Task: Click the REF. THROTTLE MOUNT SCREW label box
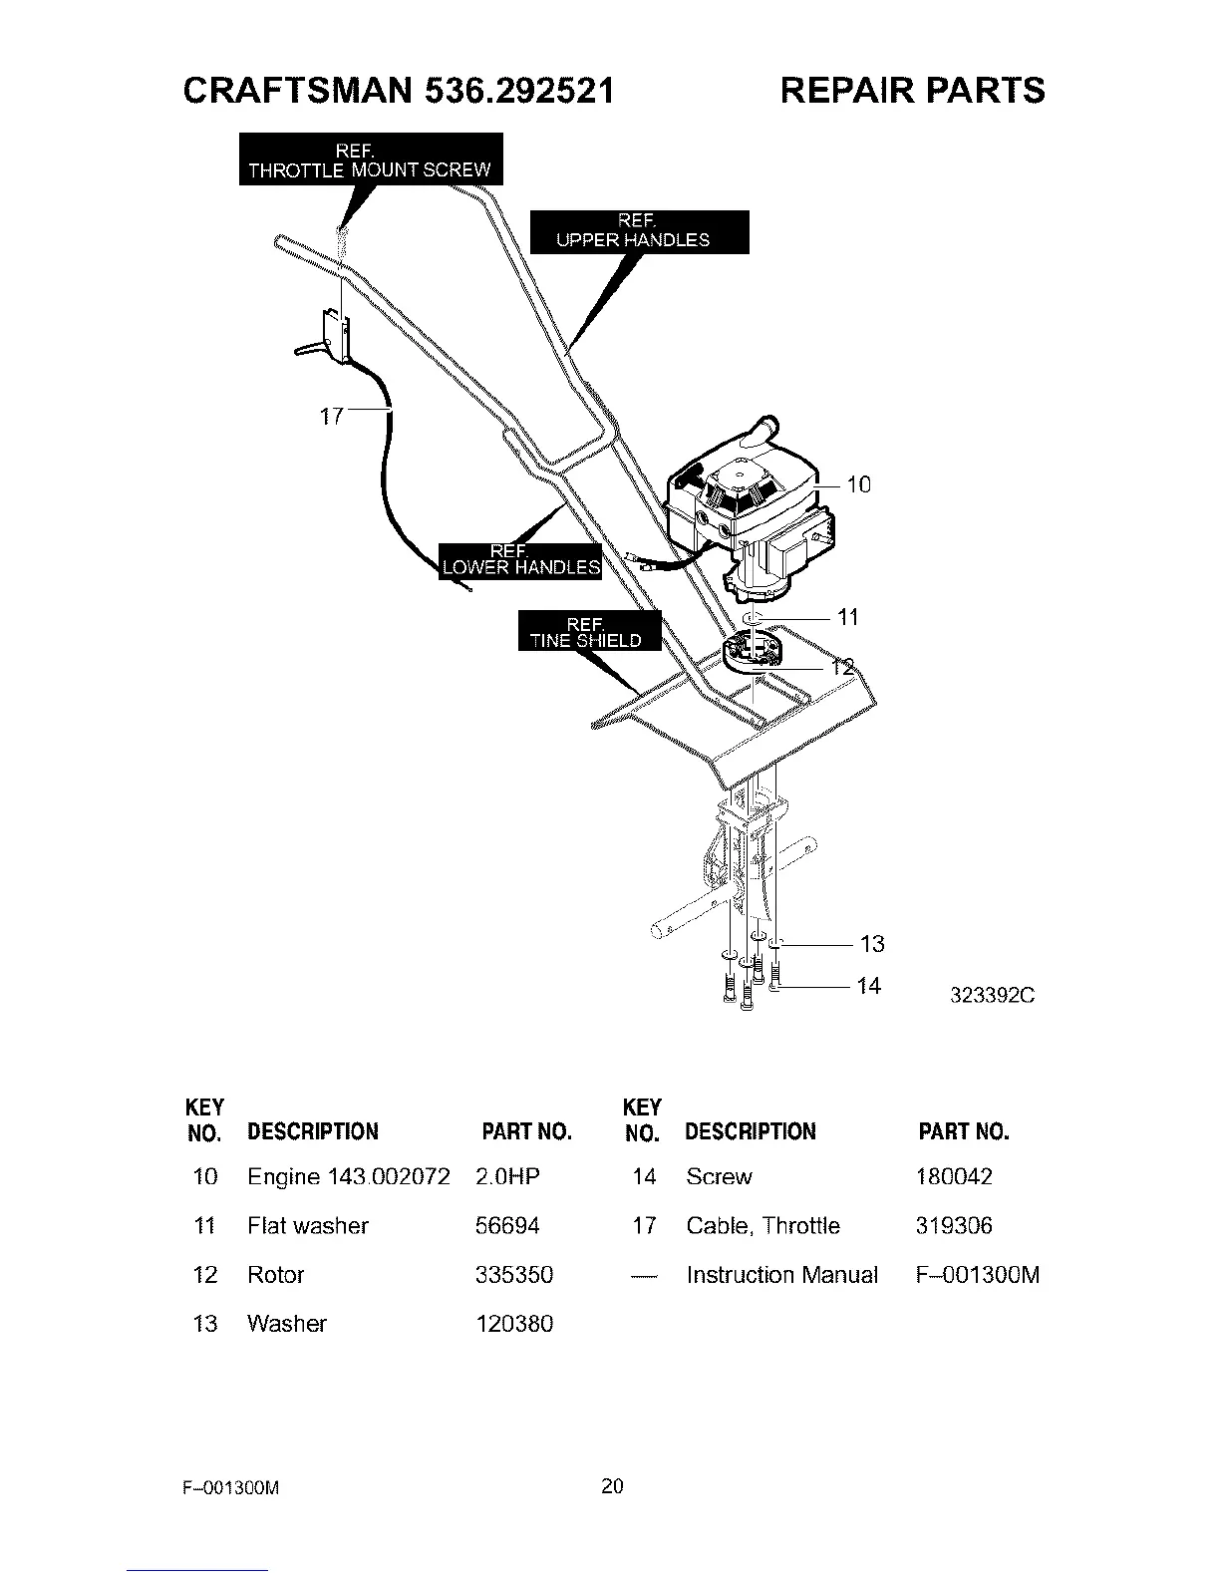point(370,159)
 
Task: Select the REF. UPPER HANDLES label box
point(638,231)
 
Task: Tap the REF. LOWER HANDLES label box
point(520,560)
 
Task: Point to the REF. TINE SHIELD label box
point(587,631)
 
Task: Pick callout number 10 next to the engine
point(858,485)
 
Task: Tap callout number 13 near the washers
point(872,943)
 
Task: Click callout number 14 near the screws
point(869,986)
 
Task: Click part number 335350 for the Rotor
point(514,1275)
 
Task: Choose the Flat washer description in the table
point(308,1226)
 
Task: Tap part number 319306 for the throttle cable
point(954,1226)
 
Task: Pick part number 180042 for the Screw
point(954,1177)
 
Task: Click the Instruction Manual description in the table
point(782,1275)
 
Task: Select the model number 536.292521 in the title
point(518,91)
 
